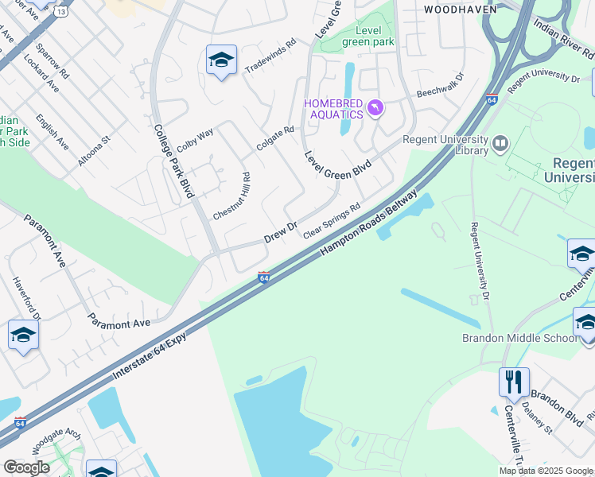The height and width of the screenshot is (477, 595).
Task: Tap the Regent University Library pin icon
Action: click(x=500, y=144)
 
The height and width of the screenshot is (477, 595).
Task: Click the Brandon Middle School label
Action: click(x=520, y=338)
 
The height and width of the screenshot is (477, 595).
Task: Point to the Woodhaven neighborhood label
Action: click(x=460, y=10)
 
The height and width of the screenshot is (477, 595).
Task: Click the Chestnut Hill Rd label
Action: click(x=231, y=197)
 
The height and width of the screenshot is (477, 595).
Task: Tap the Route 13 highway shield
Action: click(x=61, y=13)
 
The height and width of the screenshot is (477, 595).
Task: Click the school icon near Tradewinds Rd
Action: click(x=221, y=60)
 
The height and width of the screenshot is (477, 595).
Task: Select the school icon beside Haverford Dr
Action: click(x=24, y=335)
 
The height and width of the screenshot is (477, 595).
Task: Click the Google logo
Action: click(x=26, y=467)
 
